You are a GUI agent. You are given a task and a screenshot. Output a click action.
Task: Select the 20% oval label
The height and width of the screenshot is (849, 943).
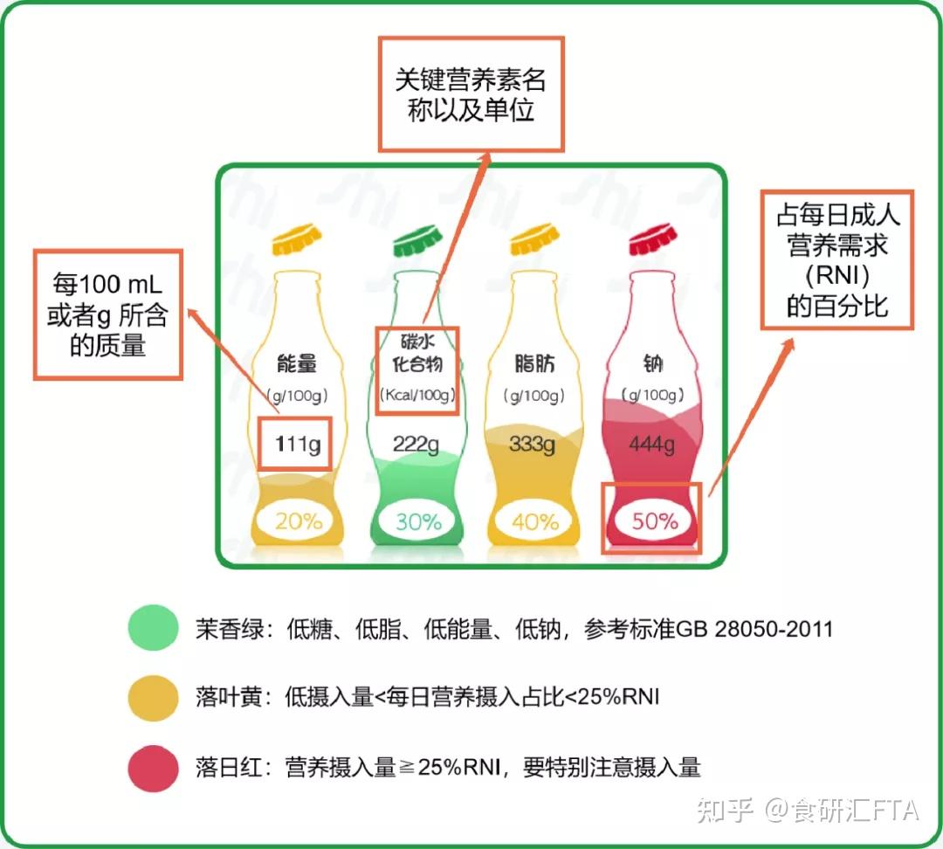tap(299, 521)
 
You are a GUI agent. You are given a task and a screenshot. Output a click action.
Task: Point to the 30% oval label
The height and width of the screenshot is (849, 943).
tap(417, 521)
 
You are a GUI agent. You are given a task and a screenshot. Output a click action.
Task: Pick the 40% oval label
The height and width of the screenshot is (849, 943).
tap(535, 521)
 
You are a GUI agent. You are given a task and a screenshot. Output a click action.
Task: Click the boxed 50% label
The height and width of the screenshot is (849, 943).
tap(652, 518)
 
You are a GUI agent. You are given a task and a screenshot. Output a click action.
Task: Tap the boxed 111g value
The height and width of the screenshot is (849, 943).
tap(295, 444)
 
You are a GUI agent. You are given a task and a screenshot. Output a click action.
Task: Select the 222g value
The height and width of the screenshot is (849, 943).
tap(416, 445)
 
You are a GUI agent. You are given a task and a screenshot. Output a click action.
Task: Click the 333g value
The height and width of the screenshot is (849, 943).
tap(533, 445)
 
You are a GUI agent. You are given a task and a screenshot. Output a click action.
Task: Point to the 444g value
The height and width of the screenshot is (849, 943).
tap(651, 445)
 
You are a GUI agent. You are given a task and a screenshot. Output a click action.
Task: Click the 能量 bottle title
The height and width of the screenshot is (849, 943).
tap(297, 364)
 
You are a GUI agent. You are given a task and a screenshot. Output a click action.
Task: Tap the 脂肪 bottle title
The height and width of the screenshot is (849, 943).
tap(534, 364)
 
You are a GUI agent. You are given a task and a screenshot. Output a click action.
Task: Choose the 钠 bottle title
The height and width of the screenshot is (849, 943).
tap(652, 364)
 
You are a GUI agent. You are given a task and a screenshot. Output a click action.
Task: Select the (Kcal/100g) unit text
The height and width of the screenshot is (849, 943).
tap(416, 395)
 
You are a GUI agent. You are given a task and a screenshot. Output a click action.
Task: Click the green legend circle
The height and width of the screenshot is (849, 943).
tap(154, 627)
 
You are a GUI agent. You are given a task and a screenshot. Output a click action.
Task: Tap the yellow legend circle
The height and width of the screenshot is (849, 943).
tap(154, 698)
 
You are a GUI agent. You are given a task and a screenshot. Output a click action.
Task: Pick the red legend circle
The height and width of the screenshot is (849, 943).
tap(154, 769)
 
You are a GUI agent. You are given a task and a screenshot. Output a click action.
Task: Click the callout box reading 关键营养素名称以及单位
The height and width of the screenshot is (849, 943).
tap(471, 94)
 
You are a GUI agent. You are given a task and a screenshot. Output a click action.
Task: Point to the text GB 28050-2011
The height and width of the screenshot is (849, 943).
tap(754, 630)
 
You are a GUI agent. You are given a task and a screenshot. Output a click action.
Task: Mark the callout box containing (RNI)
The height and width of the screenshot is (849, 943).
tap(837, 260)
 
